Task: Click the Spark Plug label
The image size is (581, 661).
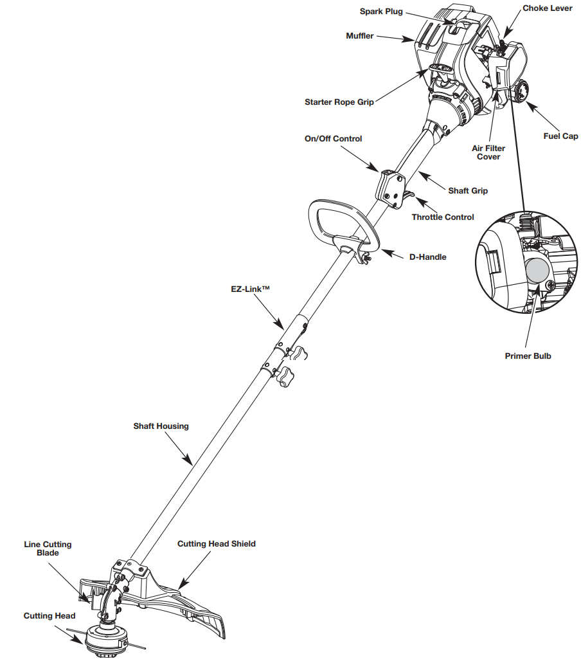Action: [381, 12]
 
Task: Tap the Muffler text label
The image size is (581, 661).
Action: [359, 36]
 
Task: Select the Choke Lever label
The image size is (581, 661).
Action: [547, 8]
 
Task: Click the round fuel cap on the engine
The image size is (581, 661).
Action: [521, 91]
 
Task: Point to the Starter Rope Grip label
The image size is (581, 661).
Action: [339, 102]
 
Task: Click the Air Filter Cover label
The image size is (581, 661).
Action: [488, 152]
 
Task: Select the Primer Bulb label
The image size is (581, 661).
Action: [528, 356]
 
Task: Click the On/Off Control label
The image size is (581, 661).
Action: [333, 138]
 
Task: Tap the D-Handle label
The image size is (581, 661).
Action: [427, 257]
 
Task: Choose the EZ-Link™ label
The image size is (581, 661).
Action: [251, 289]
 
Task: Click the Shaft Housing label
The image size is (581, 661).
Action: [161, 426]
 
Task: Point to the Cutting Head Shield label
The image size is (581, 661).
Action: [216, 543]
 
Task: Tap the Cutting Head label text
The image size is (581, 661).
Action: [49, 616]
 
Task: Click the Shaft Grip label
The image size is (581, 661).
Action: [467, 190]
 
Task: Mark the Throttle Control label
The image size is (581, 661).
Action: [443, 217]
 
